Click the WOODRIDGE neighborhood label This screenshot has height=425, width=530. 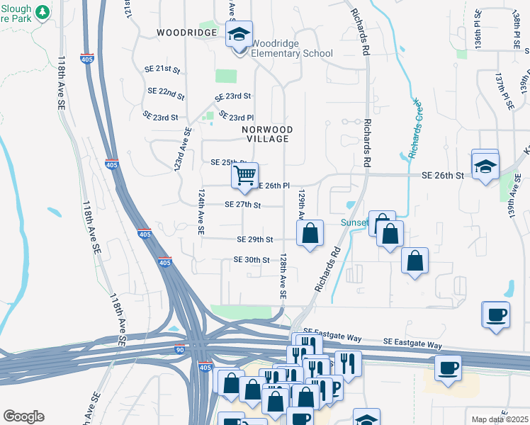[x=186, y=33]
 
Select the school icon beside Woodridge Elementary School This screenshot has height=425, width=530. [x=239, y=34]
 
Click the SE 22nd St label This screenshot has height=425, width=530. [x=167, y=92]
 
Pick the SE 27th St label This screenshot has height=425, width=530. [x=243, y=205]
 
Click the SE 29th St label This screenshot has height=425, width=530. [x=255, y=240]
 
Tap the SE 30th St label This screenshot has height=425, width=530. [x=252, y=260]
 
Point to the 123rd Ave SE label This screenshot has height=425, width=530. [x=183, y=152]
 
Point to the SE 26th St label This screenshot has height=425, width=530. [x=442, y=174]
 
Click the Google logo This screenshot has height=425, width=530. [x=23, y=416]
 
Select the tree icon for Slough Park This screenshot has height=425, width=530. [x=42, y=12]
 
